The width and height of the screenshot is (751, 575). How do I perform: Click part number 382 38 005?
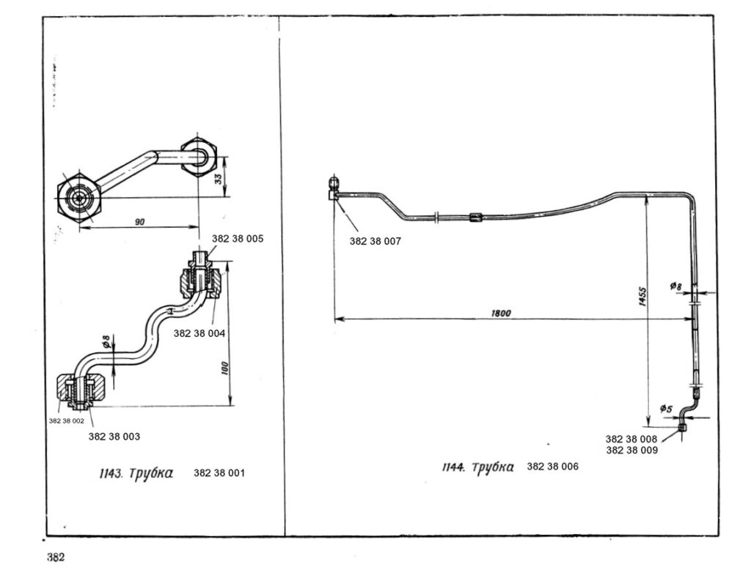click(238, 239)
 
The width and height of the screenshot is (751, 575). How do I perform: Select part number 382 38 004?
click(199, 333)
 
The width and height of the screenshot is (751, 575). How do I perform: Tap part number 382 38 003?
click(114, 436)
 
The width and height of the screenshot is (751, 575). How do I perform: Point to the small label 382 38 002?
click(67, 421)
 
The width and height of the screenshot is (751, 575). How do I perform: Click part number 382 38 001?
click(219, 473)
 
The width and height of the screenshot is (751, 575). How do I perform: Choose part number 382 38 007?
click(375, 240)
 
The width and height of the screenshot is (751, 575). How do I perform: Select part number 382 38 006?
click(552, 466)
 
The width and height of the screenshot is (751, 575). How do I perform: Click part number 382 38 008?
click(631, 439)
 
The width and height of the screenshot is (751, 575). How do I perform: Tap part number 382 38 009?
click(631, 450)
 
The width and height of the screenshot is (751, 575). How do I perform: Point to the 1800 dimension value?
click(501, 313)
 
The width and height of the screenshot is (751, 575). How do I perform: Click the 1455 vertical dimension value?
click(642, 297)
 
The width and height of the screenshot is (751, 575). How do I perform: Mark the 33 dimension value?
click(219, 177)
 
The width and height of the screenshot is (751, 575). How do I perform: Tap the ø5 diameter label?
click(666, 409)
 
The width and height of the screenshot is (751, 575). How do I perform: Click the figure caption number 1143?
click(109, 473)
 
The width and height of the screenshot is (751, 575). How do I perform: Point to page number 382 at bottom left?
click(56, 557)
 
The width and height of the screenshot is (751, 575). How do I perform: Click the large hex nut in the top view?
click(77, 199)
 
